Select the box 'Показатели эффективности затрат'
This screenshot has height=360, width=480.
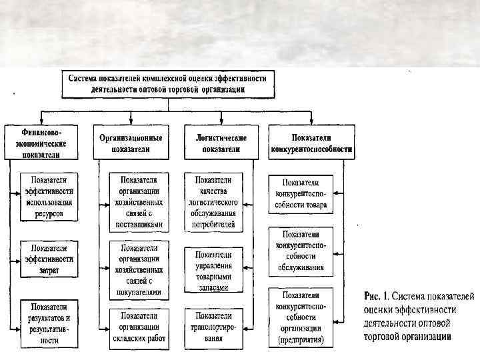[x=49, y=258]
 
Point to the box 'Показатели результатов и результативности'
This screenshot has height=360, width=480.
[x=49, y=323]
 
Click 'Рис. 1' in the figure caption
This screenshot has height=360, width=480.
[x=375, y=294]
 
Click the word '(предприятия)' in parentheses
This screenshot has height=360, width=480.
[x=301, y=339]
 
